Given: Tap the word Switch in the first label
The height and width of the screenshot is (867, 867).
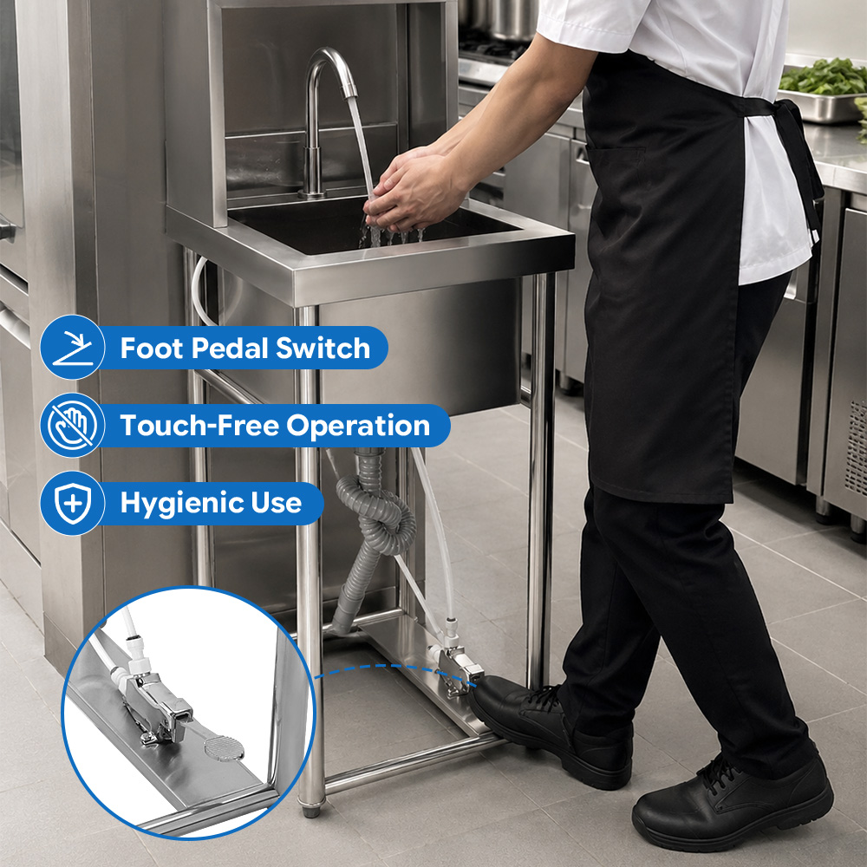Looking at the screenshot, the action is pos(323,349).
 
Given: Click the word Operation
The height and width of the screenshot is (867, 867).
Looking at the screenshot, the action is pos(358,427).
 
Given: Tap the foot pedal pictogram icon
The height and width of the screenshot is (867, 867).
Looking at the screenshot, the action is pos(73,348).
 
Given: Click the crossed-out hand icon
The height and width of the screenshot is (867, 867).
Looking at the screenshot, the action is pos(73,425).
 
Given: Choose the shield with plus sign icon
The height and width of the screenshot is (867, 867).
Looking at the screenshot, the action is pos(73,503).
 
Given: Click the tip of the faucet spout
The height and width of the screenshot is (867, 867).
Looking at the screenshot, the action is pos(350,94).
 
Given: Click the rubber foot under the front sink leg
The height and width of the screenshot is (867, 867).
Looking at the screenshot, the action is pos(310,812).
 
